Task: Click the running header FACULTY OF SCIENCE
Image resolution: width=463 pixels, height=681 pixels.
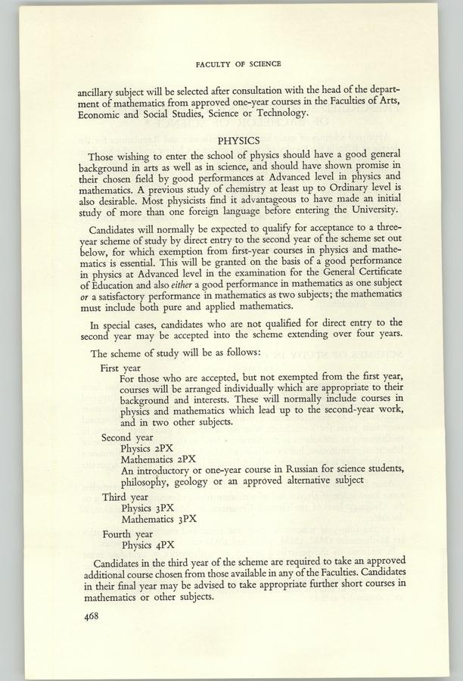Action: [238, 64]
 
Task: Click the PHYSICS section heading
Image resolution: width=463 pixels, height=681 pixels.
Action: [238, 140]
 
